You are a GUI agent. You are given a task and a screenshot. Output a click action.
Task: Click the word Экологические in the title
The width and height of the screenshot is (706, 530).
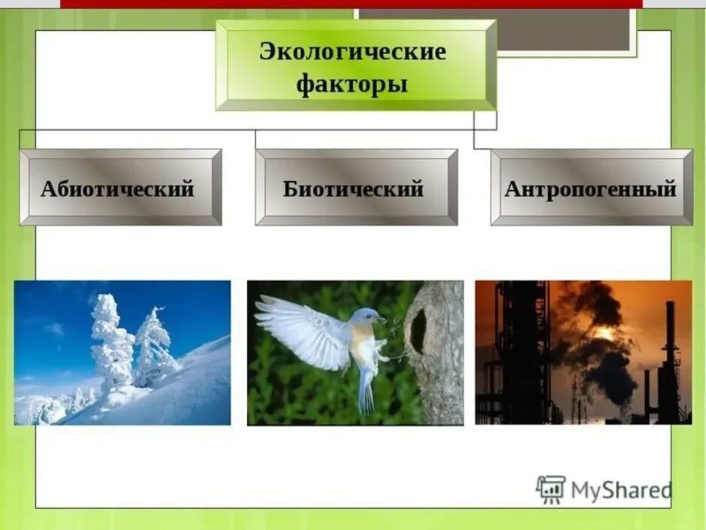[x=352, y=52]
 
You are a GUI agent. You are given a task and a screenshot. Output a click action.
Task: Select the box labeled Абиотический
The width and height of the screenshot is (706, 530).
[x=120, y=188]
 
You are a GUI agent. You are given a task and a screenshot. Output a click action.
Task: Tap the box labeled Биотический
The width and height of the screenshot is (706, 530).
[x=356, y=188]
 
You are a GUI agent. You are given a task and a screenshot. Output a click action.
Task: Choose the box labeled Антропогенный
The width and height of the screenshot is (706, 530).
[x=591, y=188]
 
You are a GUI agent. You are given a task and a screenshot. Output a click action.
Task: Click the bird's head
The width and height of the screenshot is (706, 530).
[x=367, y=319]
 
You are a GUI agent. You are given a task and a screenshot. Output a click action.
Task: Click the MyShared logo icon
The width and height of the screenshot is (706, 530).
[x=551, y=489]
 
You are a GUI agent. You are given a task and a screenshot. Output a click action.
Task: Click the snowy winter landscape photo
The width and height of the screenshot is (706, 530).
[x=122, y=353]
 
